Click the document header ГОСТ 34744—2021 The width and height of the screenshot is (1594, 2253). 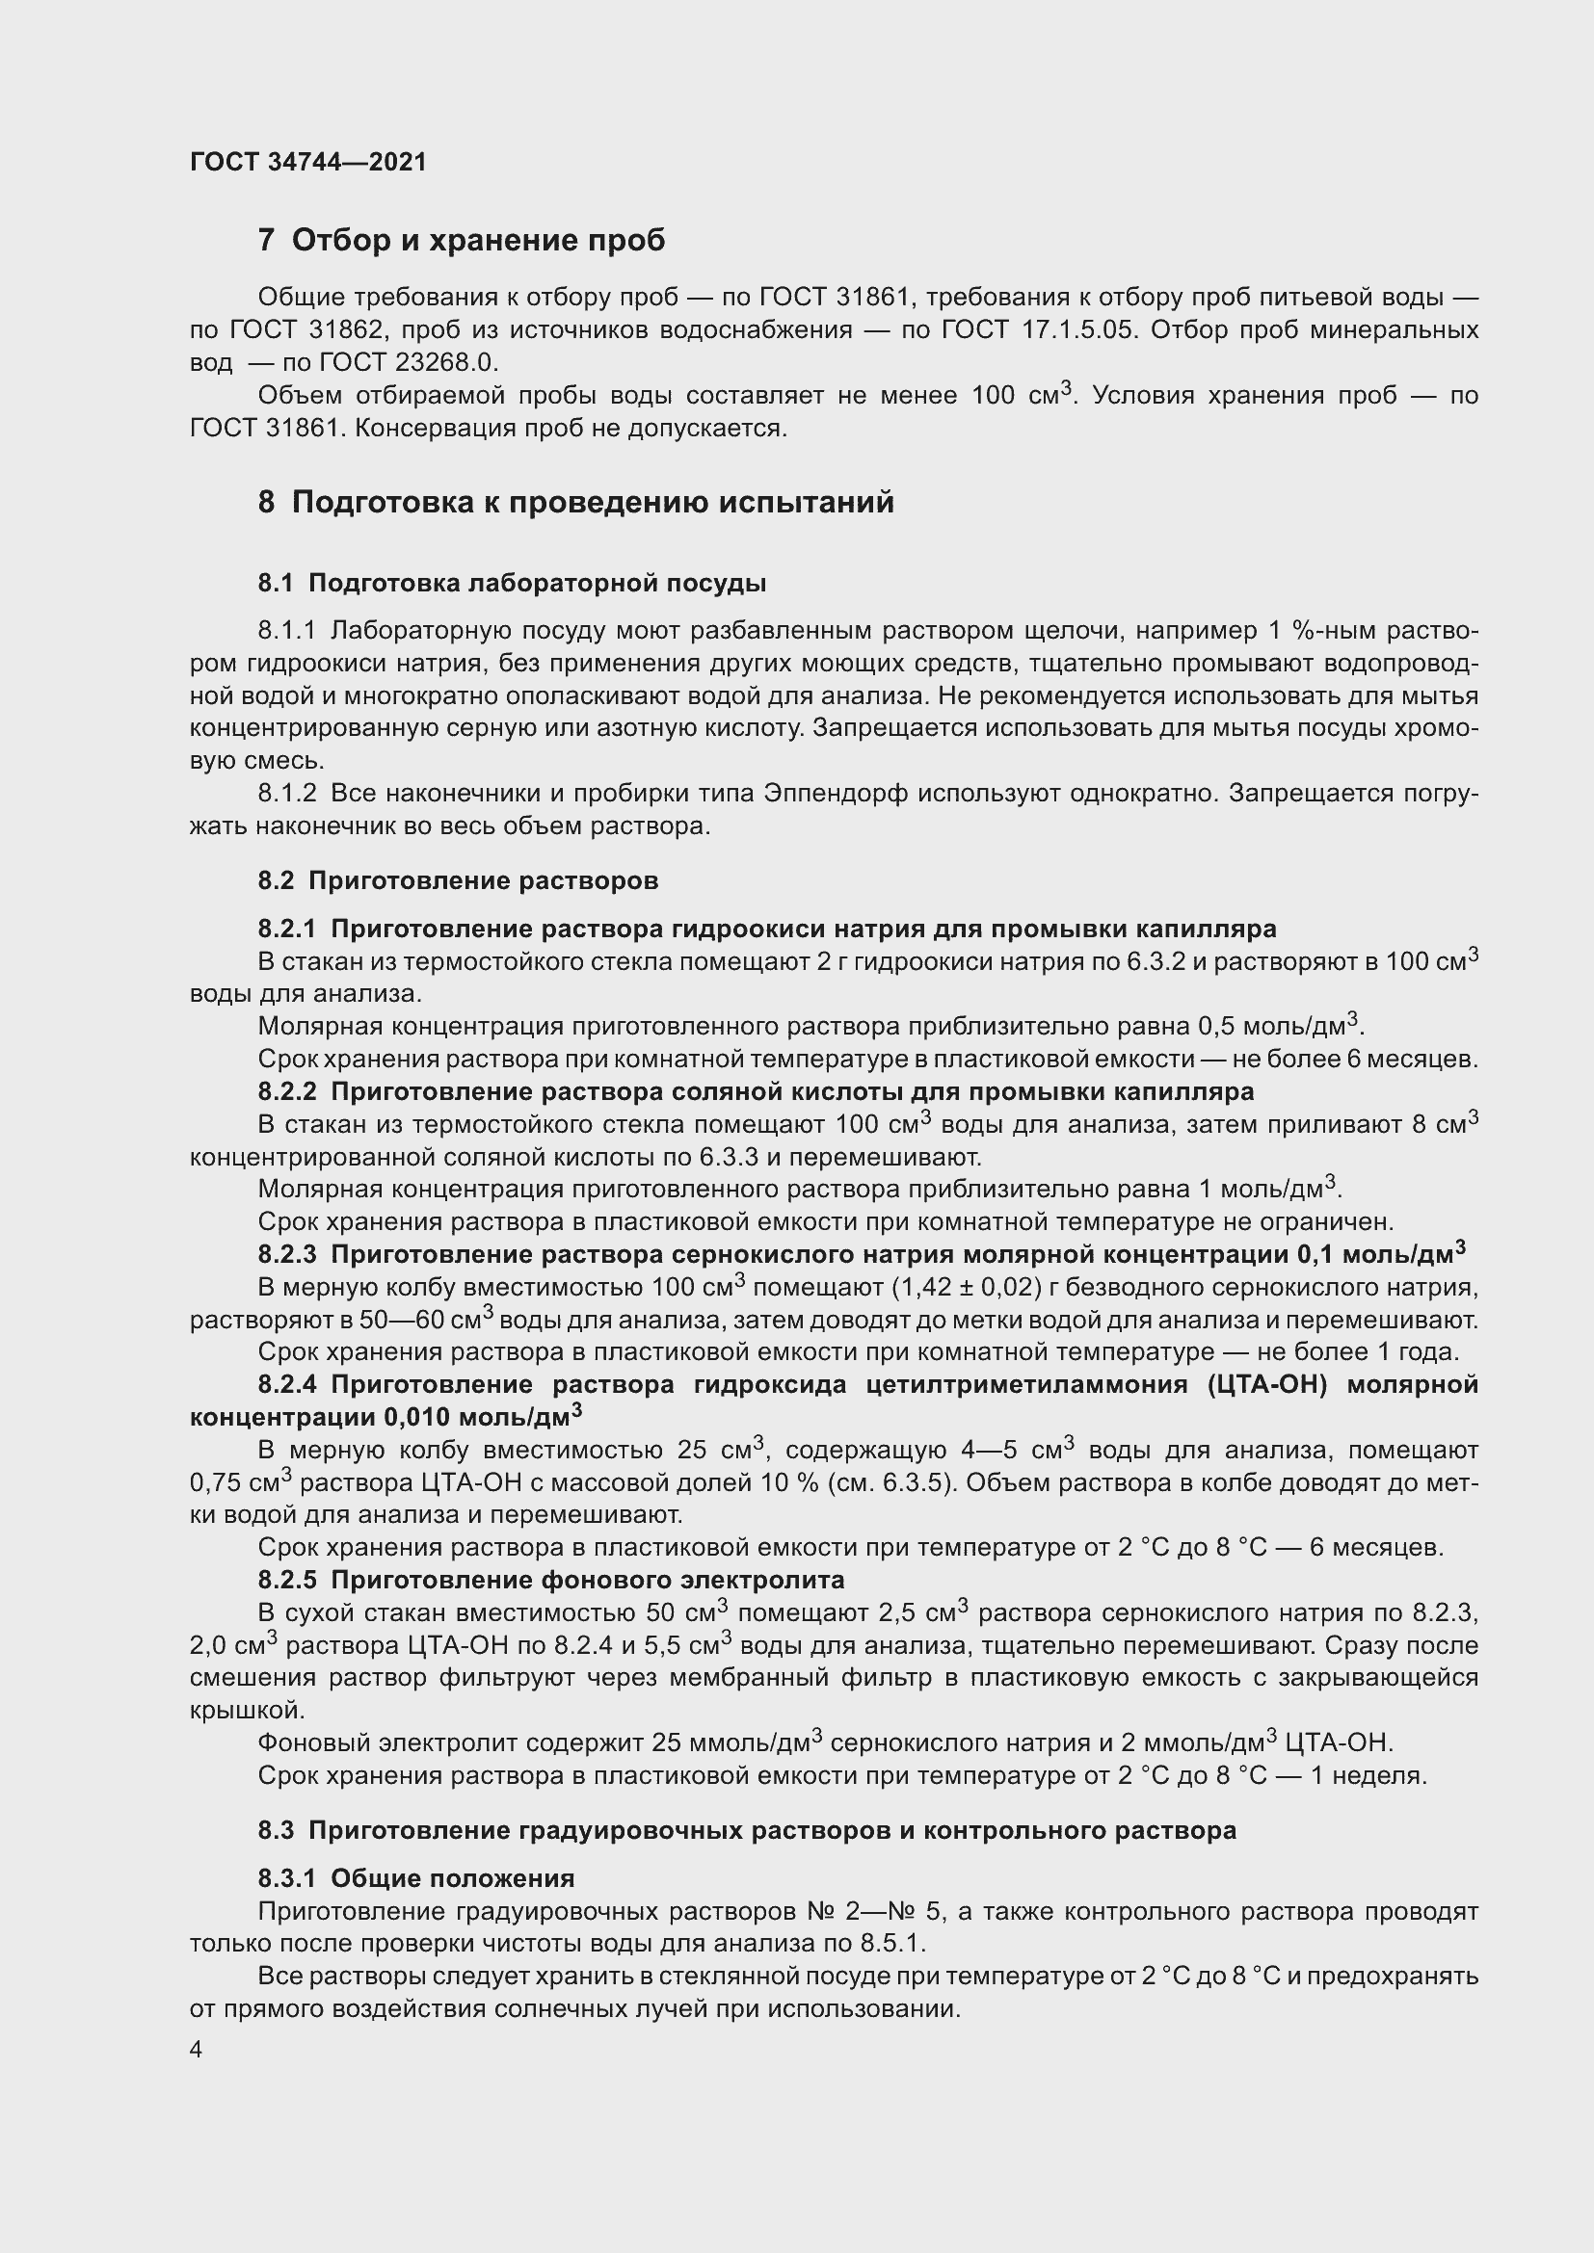(x=308, y=162)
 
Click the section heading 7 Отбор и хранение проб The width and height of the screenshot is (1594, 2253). (x=462, y=240)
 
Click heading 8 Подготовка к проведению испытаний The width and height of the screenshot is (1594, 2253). (x=576, y=503)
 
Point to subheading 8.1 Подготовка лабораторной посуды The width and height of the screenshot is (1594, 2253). (x=512, y=583)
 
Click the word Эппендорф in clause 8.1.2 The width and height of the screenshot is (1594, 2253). (x=836, y=793)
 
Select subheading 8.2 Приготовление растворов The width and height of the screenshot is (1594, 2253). (x=458, y=880)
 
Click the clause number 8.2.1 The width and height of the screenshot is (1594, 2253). (x=286, y=929)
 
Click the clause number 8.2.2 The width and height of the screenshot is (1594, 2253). (x=286, y=1091)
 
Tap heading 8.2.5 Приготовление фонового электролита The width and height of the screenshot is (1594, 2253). (x=550, y=1580)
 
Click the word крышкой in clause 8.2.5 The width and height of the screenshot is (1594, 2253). (x=247, y=1711)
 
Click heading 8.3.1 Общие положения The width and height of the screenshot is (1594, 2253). (x=416, y=1878)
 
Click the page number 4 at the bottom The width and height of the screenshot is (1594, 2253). (x=197, y=2050)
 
